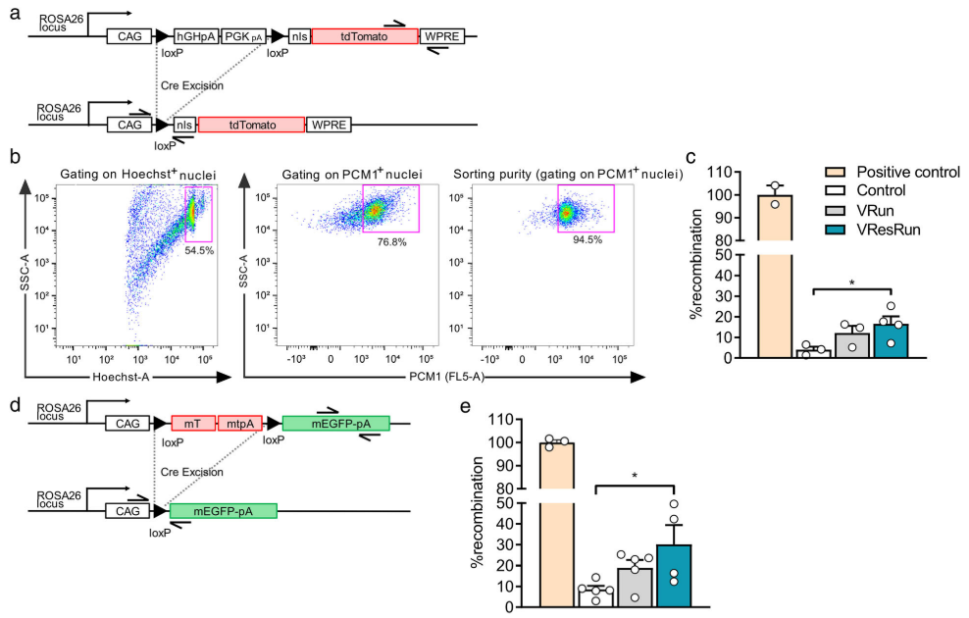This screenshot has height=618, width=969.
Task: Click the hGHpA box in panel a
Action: (195, 36)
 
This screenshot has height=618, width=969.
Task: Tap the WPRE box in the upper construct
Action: (444, 36)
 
